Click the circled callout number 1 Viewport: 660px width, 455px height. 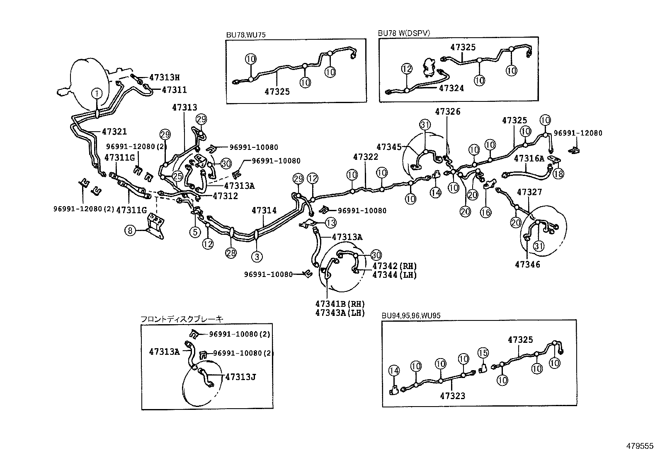tap(96, 94)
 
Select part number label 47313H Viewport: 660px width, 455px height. tap(165, 77)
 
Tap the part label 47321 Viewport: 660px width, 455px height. tap(114, 132)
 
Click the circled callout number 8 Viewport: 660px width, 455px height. tap(130, 230)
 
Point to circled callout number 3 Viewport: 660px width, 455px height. tap(257, 257)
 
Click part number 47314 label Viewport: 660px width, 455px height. tap(264, 211)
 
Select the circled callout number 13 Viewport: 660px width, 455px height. tap(330, 223)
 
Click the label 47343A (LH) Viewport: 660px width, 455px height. tap(340, 313)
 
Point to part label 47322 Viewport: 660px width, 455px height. tap(366, 157)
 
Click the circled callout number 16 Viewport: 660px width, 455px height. tap(485, 212)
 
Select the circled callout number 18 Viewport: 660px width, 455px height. tap(558, 173)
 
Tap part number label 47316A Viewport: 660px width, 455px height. tap(529, 158)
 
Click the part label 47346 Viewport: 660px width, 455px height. tap(527, 264)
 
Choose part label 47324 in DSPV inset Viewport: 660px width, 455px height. tap(451, 88)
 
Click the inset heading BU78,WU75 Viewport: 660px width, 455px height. tap(246, 35)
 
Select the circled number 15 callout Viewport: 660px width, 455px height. tap(483, 353)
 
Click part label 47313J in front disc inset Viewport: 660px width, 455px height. tap(240, 377)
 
